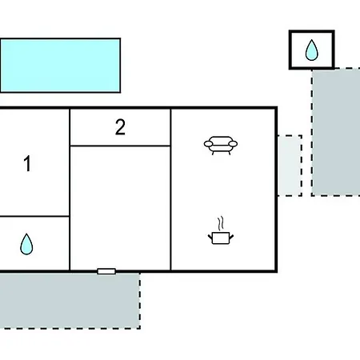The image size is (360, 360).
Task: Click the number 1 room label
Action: [27, 163]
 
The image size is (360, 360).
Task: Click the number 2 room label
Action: [120, 127]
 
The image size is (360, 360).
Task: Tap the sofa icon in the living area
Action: [221, 146]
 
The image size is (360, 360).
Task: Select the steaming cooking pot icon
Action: [221, 230]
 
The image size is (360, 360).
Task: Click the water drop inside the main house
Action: [26, 244]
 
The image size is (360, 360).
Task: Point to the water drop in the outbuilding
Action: [311, 50]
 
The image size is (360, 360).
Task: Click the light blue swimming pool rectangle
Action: [60, 66]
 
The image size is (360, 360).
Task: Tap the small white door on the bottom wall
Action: [106, 271]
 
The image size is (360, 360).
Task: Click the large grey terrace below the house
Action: [70, 301]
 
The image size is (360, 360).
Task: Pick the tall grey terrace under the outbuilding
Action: [336, 132]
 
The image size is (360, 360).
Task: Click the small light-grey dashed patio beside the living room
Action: [290, 166]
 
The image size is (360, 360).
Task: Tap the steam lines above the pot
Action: [220, 223]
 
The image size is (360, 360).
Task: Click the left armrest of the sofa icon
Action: [209, 144]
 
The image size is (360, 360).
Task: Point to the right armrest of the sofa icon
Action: [233, 144]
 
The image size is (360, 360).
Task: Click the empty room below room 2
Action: [120, 208]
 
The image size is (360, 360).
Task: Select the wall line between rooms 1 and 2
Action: [70, 190]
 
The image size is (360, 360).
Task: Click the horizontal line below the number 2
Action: [120, 146]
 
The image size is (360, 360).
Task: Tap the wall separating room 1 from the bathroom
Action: [34, 216]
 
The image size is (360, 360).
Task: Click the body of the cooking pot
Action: [221, 238]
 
